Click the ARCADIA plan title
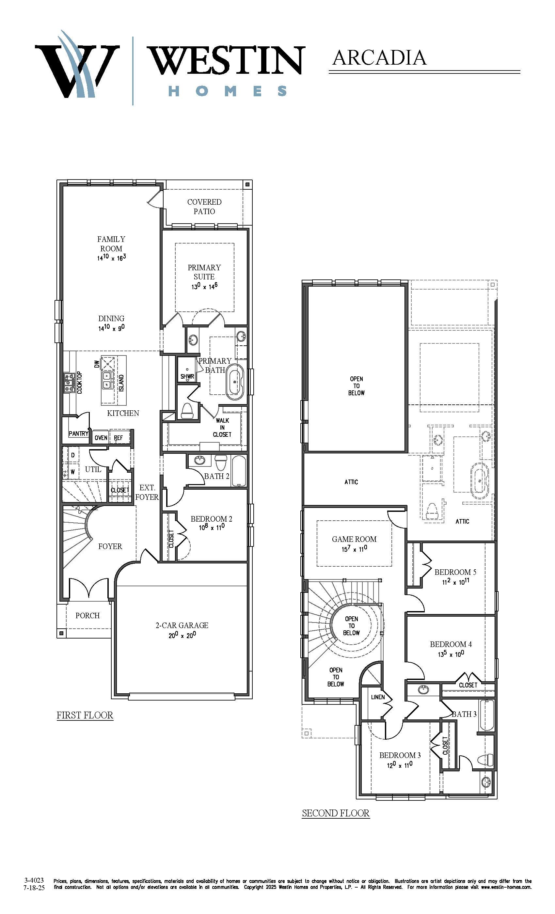point(379,58)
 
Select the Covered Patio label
point(204,207)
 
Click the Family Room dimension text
point(111,258)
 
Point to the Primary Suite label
point(204,272)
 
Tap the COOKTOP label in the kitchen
point(79,383)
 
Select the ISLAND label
point(121,383)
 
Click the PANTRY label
point(79,433)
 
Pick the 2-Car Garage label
point(182,625)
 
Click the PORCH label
point(87,615)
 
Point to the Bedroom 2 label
point(212,519)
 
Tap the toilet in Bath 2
point(221,463)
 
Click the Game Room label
point(354,539)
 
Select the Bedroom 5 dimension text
point(455,582)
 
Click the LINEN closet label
point(378,697)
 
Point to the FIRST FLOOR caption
point(85,715)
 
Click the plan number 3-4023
point(34,880)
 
